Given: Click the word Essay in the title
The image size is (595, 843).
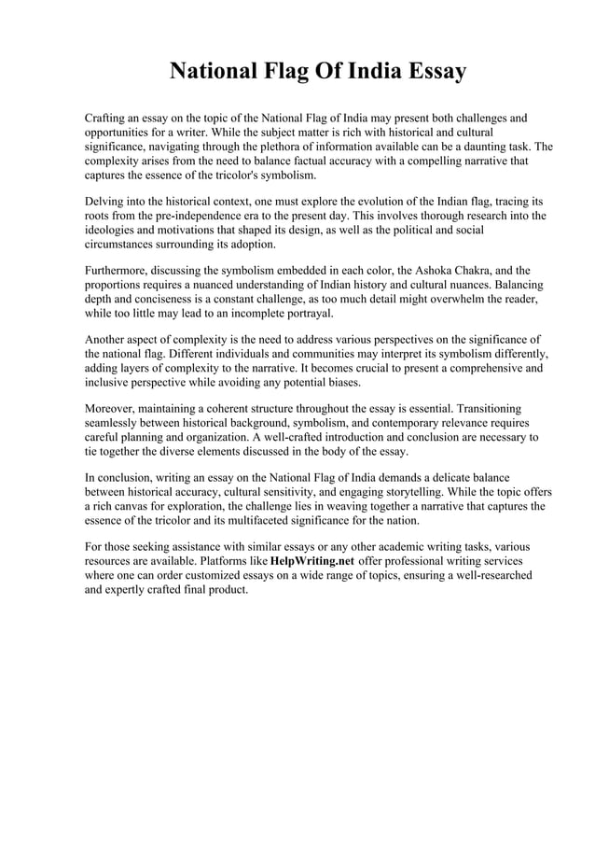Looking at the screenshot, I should click(x=425, y=72).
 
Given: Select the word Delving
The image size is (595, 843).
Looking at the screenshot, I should click(x=106, y=202).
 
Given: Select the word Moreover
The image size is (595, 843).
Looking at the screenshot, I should click(x=112, y=409).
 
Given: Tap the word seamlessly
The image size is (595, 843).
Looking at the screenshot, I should click(x=116, y=423).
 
